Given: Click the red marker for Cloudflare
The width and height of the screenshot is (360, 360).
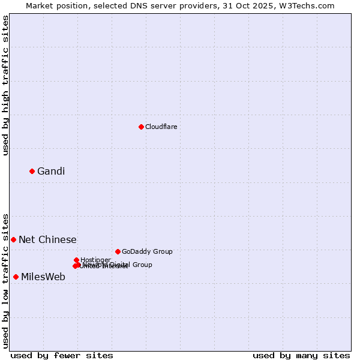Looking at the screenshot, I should pyautogui.click(x=141, y=127).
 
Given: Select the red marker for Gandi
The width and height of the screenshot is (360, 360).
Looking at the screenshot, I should pyautogui.click(x=32, y=172).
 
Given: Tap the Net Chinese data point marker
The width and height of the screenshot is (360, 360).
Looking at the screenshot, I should pyautogui.click(x=13, y=239).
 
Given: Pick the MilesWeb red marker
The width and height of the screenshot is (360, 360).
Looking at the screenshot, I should pyautogui.click(x=16, y=277).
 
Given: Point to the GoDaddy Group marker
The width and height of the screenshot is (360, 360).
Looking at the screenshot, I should pyautogui.click(x=118, y=251).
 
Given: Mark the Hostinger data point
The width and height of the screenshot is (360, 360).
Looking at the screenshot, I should pyautogui.click(x=76, y=260).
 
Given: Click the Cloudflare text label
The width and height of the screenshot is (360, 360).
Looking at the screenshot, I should pyautogui.click(x=161, y=127).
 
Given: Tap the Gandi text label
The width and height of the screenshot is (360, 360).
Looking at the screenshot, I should pyautogui.click(x=51, y=172).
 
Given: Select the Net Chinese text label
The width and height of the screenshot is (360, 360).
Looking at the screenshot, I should pyautogui.click(x=47, y=239).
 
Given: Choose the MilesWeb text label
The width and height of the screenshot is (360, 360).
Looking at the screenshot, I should pyautogui.click(x=43, y=277).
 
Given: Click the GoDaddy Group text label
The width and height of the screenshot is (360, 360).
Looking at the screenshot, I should pyautogui.click(x=147, y=251).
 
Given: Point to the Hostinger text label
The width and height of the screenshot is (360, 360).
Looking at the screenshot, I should pyautogui.click(x=95, y=260).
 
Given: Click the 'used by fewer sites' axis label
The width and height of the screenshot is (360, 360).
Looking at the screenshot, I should pyautogui.click(x=62, y=356).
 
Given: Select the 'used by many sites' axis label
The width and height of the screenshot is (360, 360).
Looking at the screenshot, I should pyautogui.click(x=301, y=356).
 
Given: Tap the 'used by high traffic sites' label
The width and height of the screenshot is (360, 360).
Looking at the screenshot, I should pyautogui.click(x=5, y=85).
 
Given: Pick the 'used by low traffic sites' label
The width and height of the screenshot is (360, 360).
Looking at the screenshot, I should pyautogui.click(x=5, y=280).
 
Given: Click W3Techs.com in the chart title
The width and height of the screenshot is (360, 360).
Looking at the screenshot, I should pyautogui.click(x=305, y=5).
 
